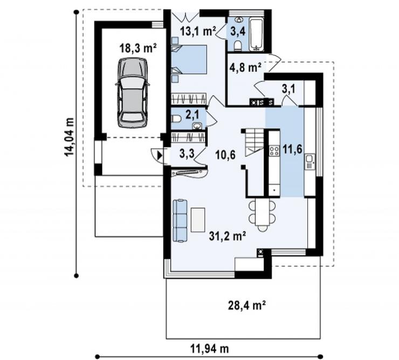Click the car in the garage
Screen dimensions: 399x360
[x=133, y=93]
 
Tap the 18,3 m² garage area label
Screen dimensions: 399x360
[x=137, y=47]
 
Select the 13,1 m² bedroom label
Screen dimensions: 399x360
[x=198, y=31]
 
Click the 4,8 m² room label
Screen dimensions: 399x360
[x=245, y=68]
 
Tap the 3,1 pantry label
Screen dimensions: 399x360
[x=288, y=89]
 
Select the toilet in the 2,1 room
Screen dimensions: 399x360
[x=176, y=119]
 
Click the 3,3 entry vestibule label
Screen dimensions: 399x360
[x=187, y=154]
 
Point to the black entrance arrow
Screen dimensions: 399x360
[x=159, y=155]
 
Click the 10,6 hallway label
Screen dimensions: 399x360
[x=225, y=155]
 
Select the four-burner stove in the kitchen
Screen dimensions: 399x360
[x=274, y=150]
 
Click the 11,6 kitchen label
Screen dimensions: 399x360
[x=293, y=149]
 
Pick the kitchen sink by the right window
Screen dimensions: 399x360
[x=309, y=162]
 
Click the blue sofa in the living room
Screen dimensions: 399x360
[x=180, y=220]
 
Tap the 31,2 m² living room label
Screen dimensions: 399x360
[x=227, y=236]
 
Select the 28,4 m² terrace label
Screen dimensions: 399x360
[x=246, y=306]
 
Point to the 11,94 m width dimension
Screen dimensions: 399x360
[x=210, y=349]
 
